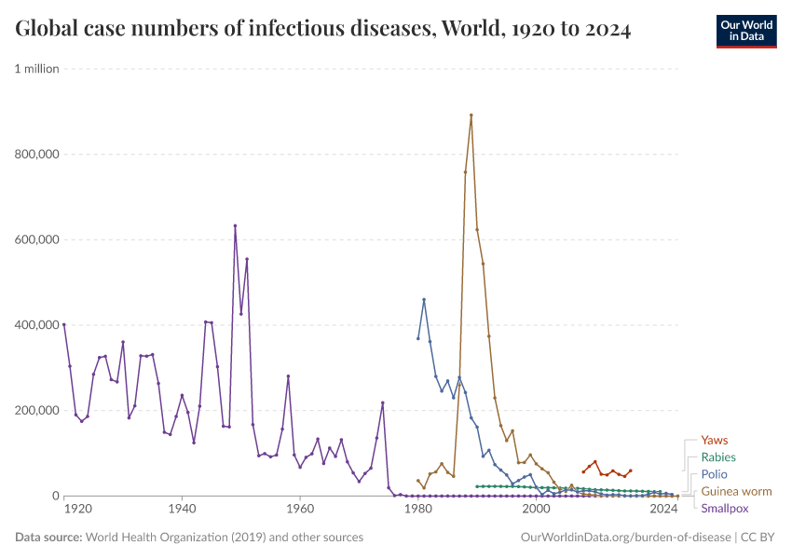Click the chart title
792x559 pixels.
tap(322, 30)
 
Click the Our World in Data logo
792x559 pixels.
tap(745, 31)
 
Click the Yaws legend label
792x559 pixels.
tap(715, 440)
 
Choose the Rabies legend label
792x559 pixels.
tap(718, 457)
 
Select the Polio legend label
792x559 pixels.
tap(714, 474)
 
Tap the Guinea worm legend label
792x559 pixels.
tap(736, 491)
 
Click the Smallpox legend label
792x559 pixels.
tap(724, 508)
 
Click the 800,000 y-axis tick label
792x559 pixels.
tap(36, 155)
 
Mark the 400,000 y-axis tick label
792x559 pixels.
tap(36, 325)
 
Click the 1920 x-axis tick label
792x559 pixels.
tap(77, 511)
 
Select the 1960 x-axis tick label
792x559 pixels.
tap(299, 511)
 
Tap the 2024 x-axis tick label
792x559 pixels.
tap(663, 511)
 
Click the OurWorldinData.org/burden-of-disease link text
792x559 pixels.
tap(625, 538)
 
